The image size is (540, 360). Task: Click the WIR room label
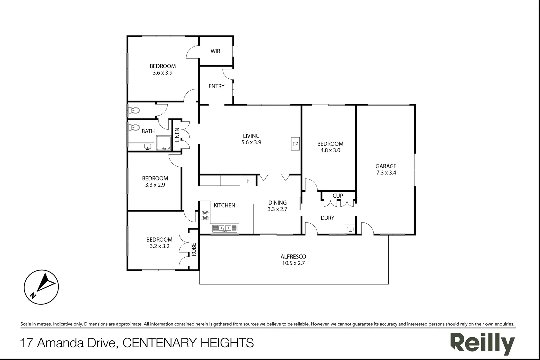point(215,51)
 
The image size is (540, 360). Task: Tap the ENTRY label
point(216,86)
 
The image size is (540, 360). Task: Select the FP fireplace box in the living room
point(295,144)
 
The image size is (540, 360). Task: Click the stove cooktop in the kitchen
point(205,215)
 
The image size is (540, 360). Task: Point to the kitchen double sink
point(225,228)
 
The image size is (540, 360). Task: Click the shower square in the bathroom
point(164,143)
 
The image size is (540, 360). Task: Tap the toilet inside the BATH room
point(134,127)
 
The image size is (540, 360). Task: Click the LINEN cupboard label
point(177,135)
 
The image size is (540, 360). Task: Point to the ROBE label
point(194,249)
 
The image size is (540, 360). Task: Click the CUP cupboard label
point(338,196)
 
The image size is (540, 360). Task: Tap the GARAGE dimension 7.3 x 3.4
point(386,173)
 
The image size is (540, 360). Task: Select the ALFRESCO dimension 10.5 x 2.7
point(293,263)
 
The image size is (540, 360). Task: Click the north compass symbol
point(41,287)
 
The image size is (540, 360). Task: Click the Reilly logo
point(482,343)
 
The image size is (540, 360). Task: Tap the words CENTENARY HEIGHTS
point(188,343)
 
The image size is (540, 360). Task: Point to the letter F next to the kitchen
point(248,181)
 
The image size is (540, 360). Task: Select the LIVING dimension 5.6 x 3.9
point(251,142)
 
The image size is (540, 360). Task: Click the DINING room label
point(277,203)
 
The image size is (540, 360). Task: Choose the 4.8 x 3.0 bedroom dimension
point(330,150)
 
